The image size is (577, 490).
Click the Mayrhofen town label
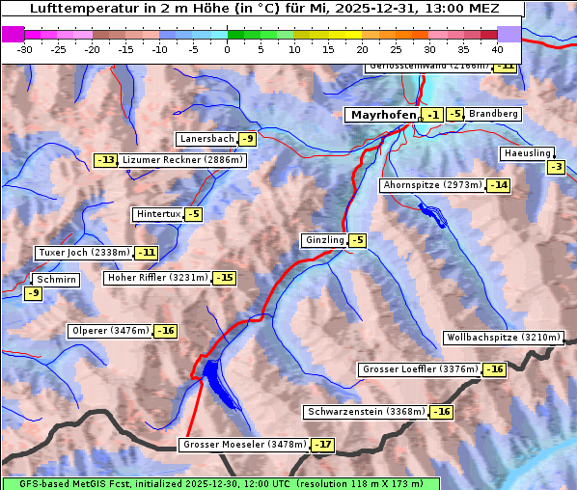pos(383,115)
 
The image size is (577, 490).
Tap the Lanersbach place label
pos(206,139)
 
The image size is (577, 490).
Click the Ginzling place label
pos(324,240)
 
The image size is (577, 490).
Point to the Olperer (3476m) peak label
pos(110,331)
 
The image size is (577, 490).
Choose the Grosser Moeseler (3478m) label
pos(243,445)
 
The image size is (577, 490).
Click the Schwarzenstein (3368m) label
pos(365,412)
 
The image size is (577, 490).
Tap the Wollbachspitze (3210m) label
pos(502,338)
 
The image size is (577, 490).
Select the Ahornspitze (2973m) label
pos(432,184)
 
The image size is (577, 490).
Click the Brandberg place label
pos(494,114)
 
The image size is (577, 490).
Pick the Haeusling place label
pos(526,153)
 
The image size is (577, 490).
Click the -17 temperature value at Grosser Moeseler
pos(322,446)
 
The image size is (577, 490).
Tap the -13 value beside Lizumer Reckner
pos(104,160)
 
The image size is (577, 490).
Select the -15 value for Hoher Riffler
pos(224,278)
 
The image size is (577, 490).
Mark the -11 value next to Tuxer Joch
pos(146,253)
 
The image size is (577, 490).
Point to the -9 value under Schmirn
pos(33,293)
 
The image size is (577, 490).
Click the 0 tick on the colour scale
pos(228,49)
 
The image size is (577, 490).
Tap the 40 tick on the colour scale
pos(497,49)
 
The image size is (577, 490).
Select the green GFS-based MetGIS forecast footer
pos(220,483)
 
